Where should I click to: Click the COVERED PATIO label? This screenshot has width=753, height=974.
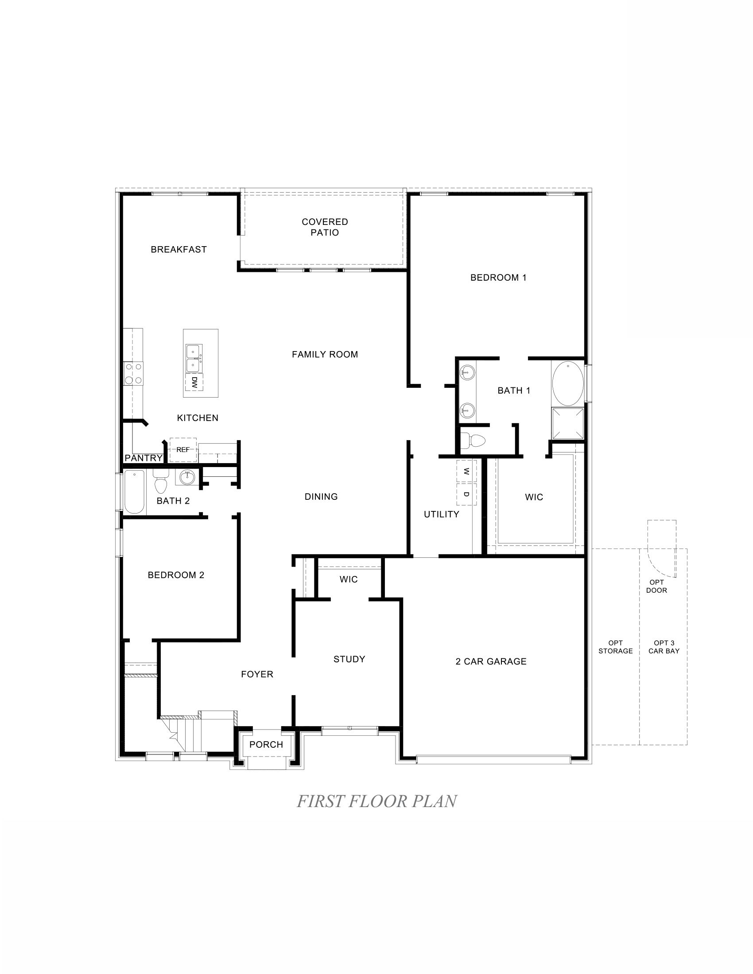coord(325,227)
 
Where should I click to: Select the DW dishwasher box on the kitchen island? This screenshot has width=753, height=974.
coord(194,382)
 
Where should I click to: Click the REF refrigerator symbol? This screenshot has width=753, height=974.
coord(183,449)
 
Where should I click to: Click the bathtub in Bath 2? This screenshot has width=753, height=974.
coord(134,492)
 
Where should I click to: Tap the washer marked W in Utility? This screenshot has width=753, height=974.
coord(466,471)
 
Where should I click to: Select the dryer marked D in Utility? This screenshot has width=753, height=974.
coord(466,494)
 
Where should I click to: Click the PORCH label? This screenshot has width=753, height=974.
coord(266,744)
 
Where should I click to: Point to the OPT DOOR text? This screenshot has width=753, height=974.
coord(656,586)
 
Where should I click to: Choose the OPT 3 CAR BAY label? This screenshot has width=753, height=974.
coord(664,647)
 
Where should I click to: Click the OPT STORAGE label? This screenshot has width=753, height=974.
coord(615,647)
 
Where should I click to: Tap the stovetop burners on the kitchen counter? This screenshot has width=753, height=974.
coord(133,373)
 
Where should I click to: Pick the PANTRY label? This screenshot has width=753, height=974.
coord(143,458)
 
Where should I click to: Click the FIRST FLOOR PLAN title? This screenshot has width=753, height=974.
coord(376,801)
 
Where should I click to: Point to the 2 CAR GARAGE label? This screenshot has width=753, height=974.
coord(491,661)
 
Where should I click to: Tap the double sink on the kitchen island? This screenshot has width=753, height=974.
coord(194,359)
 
